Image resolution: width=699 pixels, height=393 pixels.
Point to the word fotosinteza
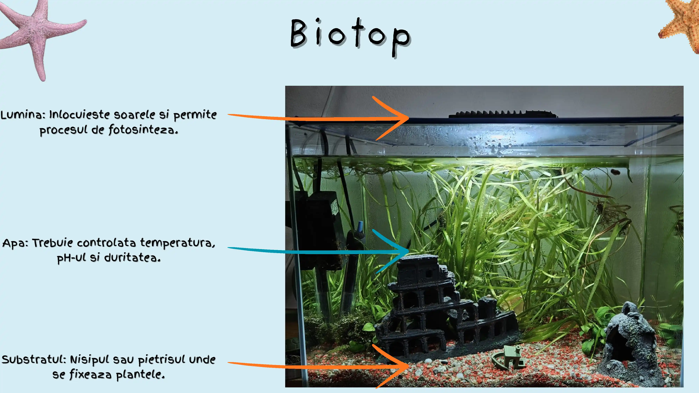click(x=143, y=130)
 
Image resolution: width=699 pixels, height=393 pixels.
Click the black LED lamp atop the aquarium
click(x=503, y=114)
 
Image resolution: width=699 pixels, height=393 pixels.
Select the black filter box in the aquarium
click(x=318, y=231)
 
